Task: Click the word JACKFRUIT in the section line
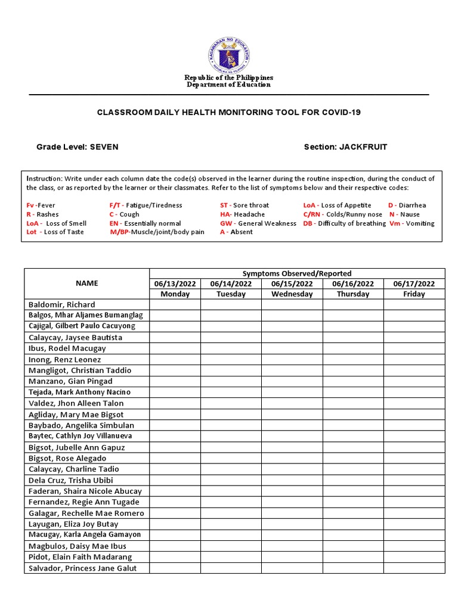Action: (363, 147)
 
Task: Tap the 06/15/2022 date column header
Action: (292, 284)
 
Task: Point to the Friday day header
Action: (414, 294)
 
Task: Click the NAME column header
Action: (87, 284)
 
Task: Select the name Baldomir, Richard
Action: (61, 304)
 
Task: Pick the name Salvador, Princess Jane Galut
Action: (83, 568)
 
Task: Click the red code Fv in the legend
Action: (30, 206)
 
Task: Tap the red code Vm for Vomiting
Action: (394, 223)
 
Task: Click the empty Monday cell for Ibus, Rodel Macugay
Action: (175, 348)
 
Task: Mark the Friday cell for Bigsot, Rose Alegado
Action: (414, 458)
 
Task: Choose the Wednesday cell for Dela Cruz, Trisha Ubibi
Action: (292, 480)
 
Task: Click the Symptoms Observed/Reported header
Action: (296, 273)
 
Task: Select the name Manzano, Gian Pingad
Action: (70, 381)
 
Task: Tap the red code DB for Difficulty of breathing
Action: (308, 223)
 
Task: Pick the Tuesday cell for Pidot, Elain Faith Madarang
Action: (231, 557)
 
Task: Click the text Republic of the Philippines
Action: (229, 77)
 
